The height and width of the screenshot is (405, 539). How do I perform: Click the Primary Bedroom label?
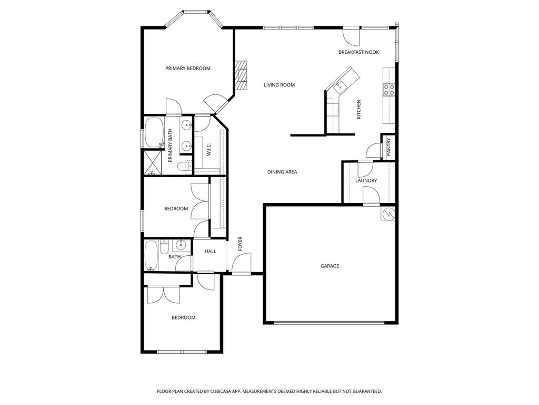188,68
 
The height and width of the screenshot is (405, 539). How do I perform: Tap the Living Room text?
279,85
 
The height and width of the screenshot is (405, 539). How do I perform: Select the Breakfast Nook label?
358,52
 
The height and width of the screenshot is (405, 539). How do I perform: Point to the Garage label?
330,266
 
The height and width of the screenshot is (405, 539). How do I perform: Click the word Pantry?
389,147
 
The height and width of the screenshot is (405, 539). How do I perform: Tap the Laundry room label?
366,180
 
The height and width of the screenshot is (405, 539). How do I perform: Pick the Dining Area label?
282,172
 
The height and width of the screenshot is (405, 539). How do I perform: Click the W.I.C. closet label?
209,149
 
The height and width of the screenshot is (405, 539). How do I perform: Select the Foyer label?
240,244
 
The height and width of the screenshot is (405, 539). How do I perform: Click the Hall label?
211,252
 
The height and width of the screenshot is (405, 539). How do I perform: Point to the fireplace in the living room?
241,75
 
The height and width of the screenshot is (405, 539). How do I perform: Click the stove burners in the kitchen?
389,90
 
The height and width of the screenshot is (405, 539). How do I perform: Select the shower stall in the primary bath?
153,163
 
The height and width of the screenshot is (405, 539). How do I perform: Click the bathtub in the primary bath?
154,132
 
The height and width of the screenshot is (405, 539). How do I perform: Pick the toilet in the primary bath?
185,167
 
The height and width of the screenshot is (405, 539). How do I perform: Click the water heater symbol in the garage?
388,214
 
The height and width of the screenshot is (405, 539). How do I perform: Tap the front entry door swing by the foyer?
241,264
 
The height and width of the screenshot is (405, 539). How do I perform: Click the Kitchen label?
359,110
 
